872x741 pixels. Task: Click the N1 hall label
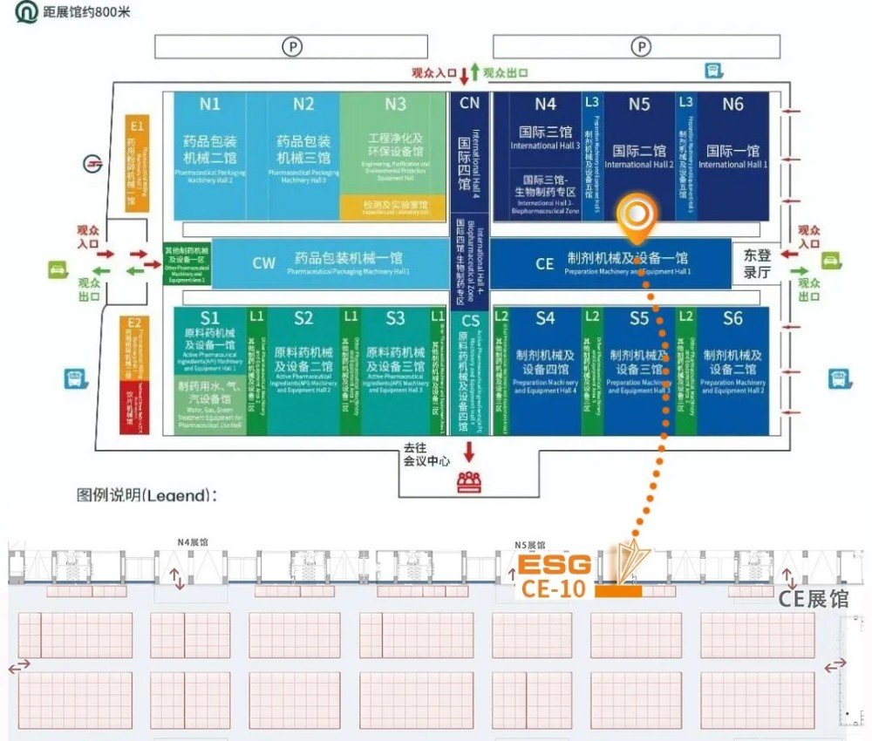(x=210, y=105)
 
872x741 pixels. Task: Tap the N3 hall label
(x=396, y=105)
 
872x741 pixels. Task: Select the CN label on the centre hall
(x=470, y=103)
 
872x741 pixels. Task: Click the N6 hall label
(x=733, y=105)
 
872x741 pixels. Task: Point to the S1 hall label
(x=210, y=318)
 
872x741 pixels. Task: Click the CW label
(x=264, y=263)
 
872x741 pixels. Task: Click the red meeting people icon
(x=470, y=481)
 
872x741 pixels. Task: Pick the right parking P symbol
(x=642, y=46)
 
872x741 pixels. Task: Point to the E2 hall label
(x=133, y=323)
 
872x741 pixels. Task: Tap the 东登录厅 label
(x=757, y=263)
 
